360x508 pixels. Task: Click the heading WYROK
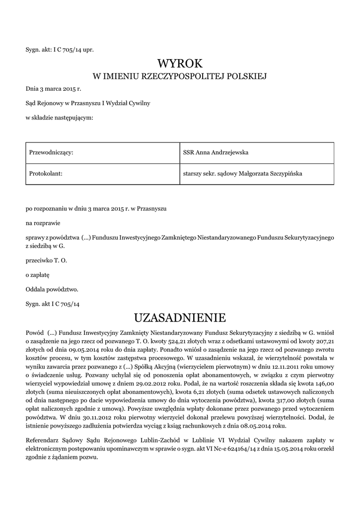(180, 63)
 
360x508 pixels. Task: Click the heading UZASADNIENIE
(180, 317)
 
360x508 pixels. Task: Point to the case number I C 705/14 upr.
(73, 50)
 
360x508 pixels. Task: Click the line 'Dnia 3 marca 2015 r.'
(53, 89)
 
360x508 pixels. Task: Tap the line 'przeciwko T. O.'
(46, 260)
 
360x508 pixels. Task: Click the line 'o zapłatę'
(38, 274)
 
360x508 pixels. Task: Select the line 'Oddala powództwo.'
(52, 289)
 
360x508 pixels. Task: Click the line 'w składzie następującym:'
(59, 117)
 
